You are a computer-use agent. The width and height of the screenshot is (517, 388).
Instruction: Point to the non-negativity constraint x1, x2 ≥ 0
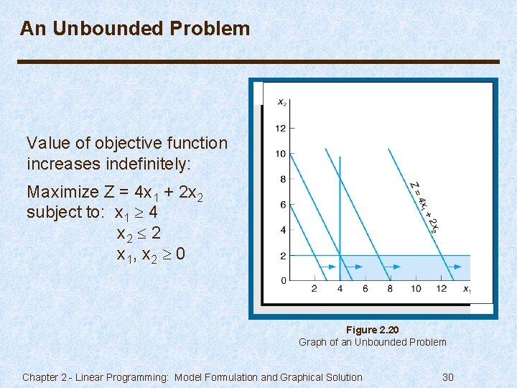point(151,254)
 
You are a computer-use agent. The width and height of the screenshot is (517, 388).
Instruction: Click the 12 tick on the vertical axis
point(280,129)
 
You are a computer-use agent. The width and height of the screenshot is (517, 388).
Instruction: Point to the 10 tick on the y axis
point(280,154)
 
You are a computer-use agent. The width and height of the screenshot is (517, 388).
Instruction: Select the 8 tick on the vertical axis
point(282,180)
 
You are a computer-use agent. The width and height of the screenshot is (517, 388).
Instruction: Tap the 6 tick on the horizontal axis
point(365,289)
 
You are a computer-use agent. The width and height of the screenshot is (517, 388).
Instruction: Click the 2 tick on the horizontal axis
point(314,289)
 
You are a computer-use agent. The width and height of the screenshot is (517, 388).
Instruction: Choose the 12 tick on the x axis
point(441,289)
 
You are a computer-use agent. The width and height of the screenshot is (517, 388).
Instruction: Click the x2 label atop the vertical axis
point(282,102)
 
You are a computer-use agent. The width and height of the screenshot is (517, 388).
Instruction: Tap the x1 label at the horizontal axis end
point(467,290)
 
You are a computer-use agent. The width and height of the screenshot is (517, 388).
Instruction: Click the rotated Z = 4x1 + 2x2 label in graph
point(424,206)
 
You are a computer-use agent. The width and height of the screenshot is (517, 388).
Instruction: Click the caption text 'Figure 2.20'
point(372,330)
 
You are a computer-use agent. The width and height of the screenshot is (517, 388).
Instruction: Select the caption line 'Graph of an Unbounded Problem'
point(372,342)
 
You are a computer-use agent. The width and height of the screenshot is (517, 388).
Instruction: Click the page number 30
point(448,377)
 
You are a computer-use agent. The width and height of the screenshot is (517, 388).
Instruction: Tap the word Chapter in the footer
point(42,377)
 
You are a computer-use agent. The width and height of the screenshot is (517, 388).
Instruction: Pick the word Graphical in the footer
point(287,377)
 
